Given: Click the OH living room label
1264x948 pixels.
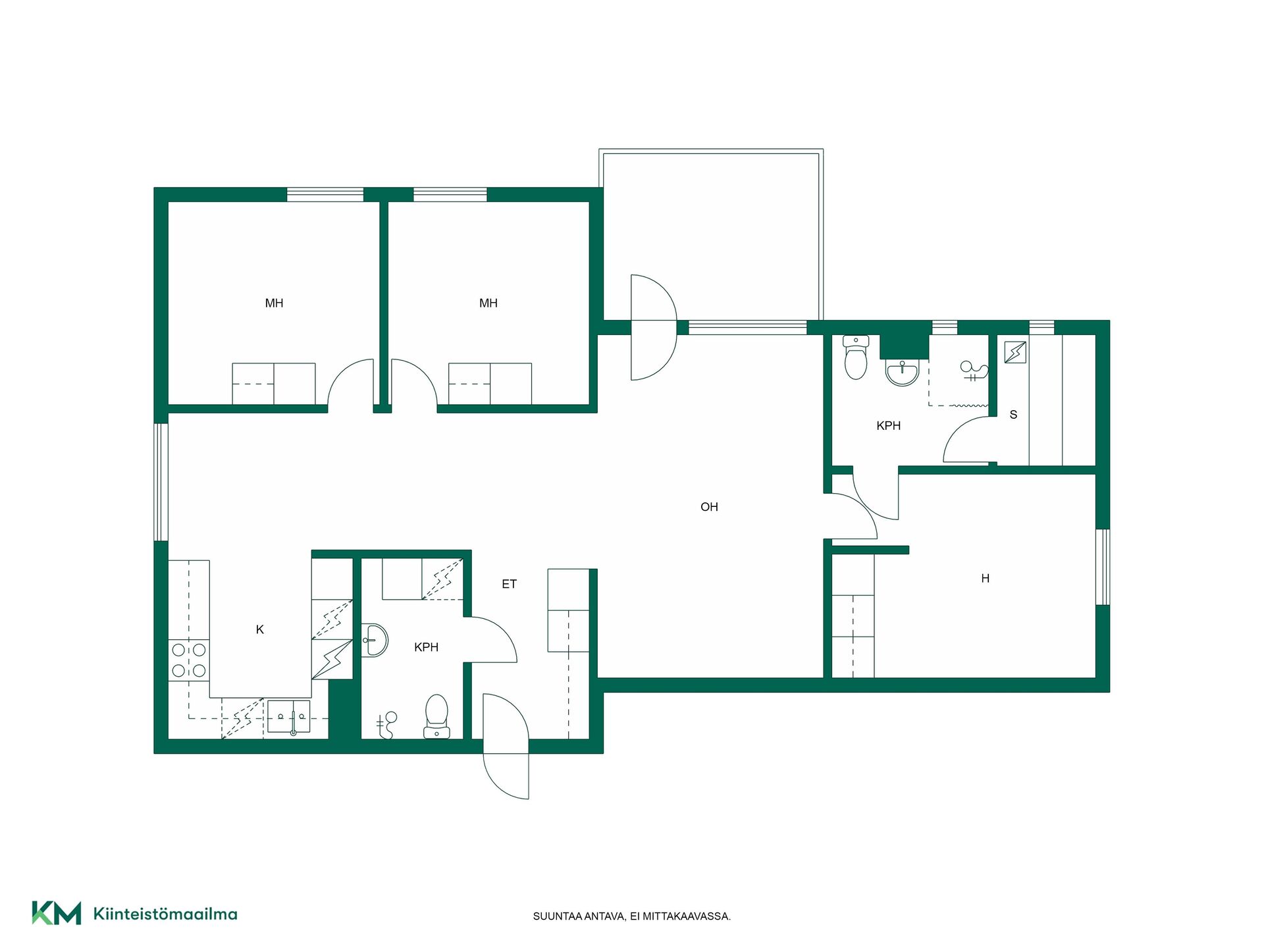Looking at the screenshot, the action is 709,507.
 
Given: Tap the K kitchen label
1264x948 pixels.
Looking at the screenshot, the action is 260,630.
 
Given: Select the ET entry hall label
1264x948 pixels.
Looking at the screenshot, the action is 509,584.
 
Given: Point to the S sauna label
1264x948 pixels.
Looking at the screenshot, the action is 1013,415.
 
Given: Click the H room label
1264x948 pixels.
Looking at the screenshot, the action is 986,579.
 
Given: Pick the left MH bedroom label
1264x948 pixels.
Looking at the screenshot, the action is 274,303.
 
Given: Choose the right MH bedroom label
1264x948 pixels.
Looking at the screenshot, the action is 488,303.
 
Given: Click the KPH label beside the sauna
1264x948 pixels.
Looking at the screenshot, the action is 889,426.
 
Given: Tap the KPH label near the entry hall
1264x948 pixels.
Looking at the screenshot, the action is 427,647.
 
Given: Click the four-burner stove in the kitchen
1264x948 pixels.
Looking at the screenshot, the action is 188,660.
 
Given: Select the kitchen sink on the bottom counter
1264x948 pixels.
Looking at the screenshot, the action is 288,718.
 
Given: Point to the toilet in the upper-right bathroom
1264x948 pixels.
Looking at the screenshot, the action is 856,357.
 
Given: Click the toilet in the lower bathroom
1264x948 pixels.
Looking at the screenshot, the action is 436,716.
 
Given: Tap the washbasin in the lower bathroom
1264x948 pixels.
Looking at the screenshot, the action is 375,640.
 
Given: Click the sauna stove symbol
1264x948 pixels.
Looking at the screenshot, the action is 1015,352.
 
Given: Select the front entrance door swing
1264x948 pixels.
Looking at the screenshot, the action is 506,746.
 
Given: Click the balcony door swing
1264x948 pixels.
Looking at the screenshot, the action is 654,327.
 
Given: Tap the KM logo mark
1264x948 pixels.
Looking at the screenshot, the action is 57,913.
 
